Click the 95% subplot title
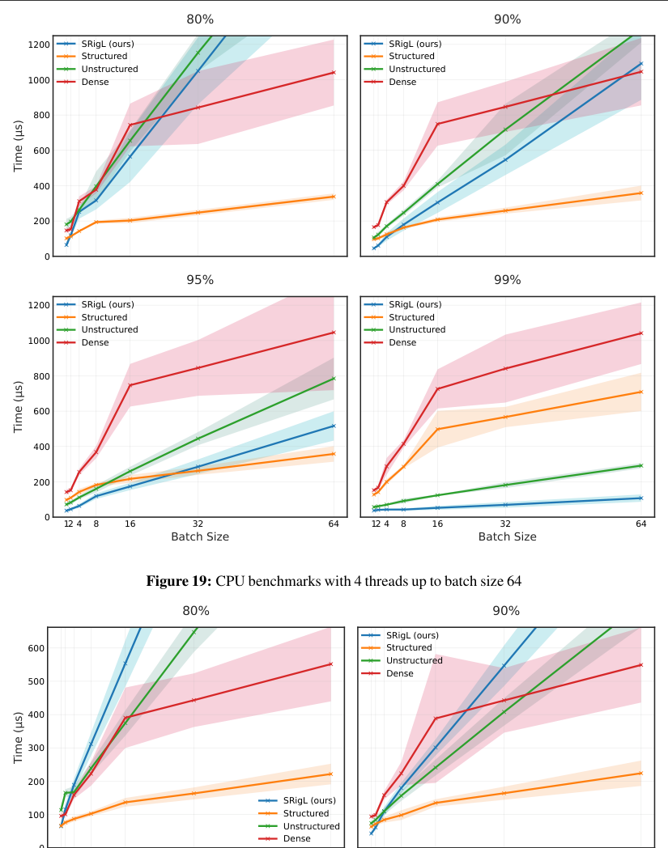pos(200,280)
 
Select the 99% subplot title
pos(508,280)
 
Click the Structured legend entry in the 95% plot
pos(104,317)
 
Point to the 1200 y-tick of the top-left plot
pos(38,45)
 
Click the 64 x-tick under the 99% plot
pos(640,524)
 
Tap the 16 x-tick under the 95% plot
pos(130,524)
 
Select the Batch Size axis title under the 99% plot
pos(508,536)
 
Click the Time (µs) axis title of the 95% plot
pos(19,406)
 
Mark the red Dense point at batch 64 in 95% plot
pos(334,332)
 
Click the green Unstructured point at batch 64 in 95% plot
pos(334,379)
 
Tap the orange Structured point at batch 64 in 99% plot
pos(640,392)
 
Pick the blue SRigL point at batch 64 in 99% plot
pos(640,498)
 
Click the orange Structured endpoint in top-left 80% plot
pos(334,197)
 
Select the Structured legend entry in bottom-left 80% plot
pos(305,813)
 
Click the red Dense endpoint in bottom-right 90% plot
pos(640,665)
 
